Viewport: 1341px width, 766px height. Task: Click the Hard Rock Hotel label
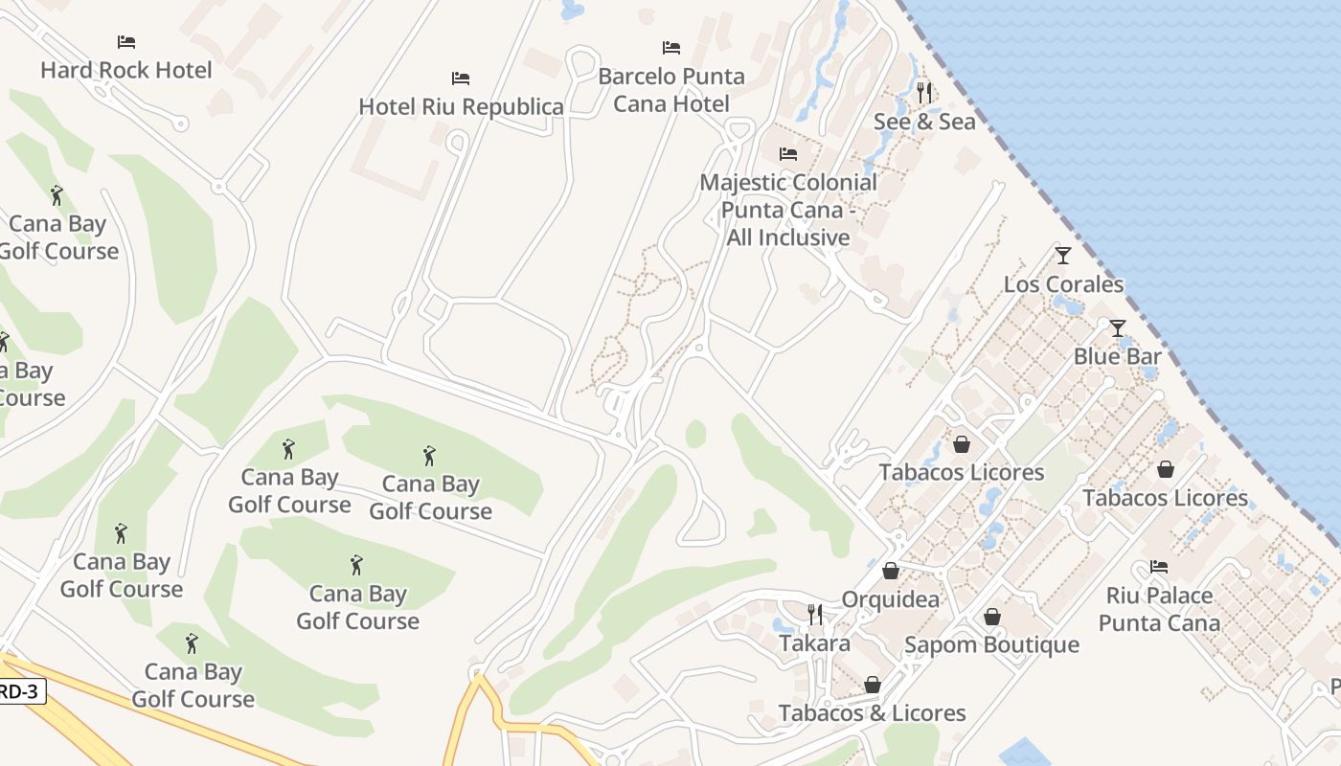[x=125, y=70]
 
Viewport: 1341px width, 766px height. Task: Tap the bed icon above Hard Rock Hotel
[x=125, y=42]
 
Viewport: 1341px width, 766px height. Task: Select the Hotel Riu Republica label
[x=461, y=106]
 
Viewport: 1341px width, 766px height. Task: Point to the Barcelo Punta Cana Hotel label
[x=670, y=89]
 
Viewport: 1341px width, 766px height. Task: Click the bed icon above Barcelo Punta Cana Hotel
[x=671, y=48]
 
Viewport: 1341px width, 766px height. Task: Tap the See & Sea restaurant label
[x=924, y=122]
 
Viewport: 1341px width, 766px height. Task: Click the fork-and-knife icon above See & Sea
[x=924, y=93]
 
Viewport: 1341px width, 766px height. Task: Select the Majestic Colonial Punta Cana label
[x=788, y=210]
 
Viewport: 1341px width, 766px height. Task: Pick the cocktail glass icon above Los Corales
[x=1062, y=256]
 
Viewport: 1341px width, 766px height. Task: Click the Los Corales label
[x=1063, y=284]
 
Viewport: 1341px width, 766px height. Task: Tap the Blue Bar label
[x=1117, y=356]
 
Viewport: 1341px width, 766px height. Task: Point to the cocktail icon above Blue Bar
[x=1117, y=328]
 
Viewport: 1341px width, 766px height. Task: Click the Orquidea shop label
[x=890, y=599]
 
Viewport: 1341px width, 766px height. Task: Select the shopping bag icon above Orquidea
[x=891, y=572]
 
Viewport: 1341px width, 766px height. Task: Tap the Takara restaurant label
[x=814, y=642]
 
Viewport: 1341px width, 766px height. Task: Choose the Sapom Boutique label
[x=991, y=644]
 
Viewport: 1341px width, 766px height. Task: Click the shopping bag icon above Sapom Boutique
[x=992, y=617]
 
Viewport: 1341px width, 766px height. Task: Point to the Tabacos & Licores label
[x=872, y=713]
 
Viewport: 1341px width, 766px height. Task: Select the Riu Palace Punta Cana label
[x=1159, y=609]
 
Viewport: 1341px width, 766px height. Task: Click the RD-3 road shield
[x=19, y=691]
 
